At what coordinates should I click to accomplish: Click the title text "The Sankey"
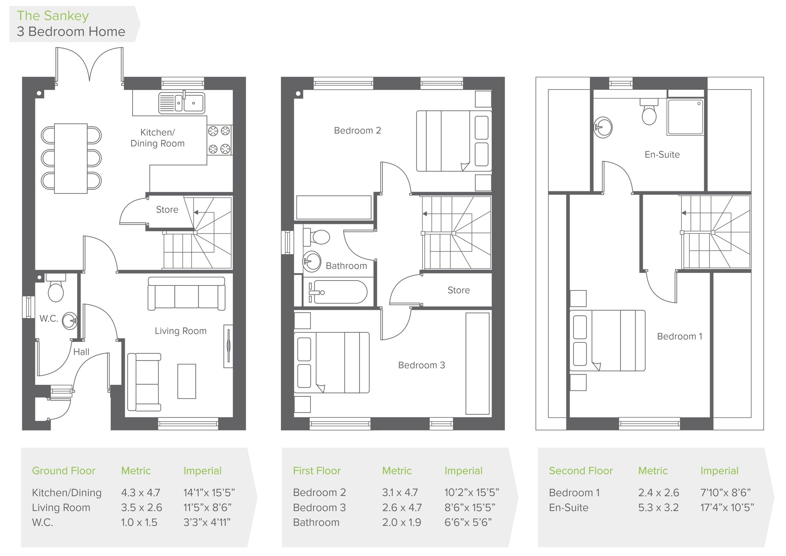pos(53,16)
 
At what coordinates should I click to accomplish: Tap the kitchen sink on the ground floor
pos(181,103)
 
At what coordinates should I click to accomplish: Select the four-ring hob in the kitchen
pos(219,140)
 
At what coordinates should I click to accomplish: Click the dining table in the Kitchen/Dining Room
pos(71,158)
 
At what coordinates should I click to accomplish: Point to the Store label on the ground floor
pos(167,210)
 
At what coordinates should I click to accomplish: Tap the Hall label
pos(81,352)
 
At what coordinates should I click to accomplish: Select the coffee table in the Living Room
pos(187,381)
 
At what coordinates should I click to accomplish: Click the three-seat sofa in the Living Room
pos(187,294)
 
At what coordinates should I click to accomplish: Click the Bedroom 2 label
pos(357,130)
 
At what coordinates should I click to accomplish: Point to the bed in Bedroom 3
pos(332,362)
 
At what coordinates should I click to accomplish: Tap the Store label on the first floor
pos(459,290)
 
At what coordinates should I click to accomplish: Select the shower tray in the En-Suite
pos(685,117)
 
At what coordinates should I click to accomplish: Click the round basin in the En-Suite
pos(603,127)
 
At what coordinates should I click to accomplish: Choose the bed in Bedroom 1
pos(607,341)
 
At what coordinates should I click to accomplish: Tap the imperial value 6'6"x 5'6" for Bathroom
pos(468,523)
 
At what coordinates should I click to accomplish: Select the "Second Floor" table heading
pos(581,471)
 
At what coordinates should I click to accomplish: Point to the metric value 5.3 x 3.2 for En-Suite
pos(658,508)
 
